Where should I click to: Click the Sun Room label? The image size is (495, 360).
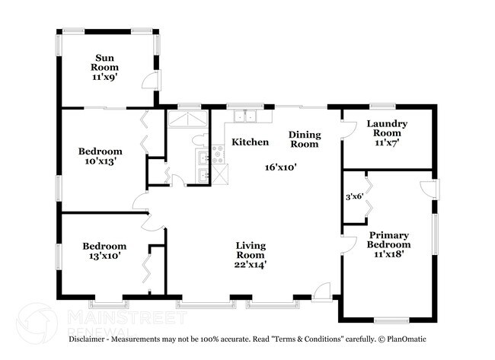tap(105, 62)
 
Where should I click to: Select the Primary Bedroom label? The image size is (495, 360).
tap(388, 240)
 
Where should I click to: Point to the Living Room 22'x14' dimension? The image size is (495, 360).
tap(251, 265)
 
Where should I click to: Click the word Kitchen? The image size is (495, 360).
tap(251, 142)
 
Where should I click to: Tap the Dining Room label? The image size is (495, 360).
tap(305, 139)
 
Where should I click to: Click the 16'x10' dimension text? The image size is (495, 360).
tap(281, 167)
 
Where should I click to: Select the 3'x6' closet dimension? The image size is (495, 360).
tap(355, 197)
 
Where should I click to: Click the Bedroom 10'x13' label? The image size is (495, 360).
tap(101, 156)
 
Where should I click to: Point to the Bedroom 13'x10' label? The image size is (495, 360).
tap(104, 251)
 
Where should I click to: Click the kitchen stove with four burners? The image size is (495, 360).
tap(218, 155)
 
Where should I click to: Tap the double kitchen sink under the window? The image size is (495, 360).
tap(245, 116)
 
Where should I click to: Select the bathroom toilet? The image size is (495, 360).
tap(200, 140)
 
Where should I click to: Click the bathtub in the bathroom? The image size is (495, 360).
tap(188, 119)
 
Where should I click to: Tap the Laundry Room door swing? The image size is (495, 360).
tap(349, 129)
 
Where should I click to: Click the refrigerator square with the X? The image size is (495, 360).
tap(220, 174)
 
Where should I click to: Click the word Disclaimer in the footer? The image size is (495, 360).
tap(87, 339)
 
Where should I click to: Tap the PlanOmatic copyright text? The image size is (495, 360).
tap(402, 339)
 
